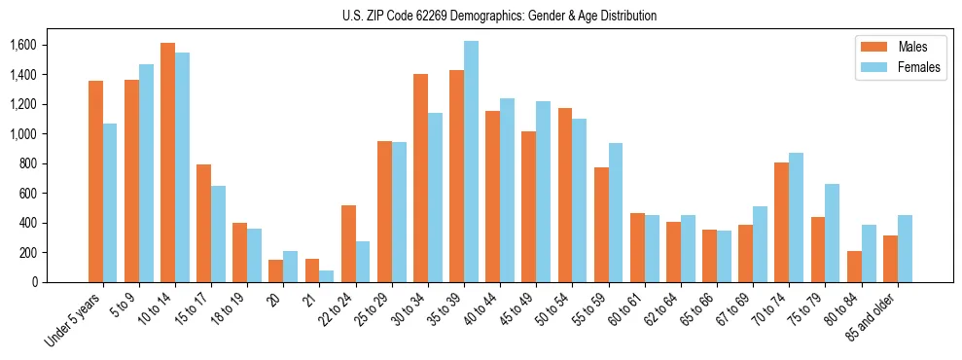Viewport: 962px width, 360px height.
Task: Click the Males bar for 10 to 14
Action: tap(167, 162)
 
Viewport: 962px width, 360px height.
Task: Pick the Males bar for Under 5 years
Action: tap(95, 181)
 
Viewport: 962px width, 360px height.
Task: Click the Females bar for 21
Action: tap(327, 276)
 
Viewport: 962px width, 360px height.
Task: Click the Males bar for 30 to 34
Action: tap(420, 178)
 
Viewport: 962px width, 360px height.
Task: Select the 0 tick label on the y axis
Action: tap(34, 282)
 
